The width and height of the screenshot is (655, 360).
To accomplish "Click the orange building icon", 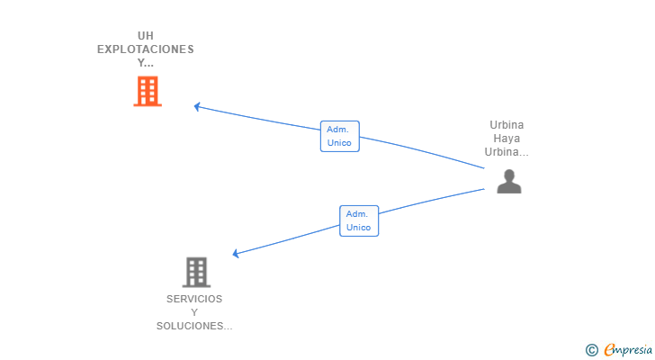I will point(148,91).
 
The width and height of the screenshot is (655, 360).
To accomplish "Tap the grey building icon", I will point(195,271).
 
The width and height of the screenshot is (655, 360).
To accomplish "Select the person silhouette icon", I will point(509,181).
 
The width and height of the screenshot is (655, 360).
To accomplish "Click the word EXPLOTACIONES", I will point(146,49).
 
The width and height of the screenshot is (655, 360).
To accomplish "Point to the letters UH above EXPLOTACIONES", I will point(146,35).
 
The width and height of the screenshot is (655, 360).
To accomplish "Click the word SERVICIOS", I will point(194,299).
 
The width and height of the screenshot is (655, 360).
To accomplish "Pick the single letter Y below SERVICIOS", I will point(194,312).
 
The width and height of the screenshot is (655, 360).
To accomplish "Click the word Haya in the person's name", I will point(507,139).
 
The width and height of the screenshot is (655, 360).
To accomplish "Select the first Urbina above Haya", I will point(507,125).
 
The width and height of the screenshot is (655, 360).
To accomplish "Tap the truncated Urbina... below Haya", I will point(507,152).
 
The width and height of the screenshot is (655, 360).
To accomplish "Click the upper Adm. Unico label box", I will point(339,136).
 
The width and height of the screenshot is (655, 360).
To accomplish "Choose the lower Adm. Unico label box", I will point(359,220).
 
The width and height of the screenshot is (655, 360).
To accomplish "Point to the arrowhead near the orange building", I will point(198,106).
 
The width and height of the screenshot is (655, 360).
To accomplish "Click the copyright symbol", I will point(591,349).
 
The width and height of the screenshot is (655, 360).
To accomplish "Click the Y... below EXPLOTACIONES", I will point(146,63).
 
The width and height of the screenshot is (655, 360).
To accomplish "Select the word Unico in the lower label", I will point(359,228).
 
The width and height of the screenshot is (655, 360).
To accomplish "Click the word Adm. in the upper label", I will point(339,129).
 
